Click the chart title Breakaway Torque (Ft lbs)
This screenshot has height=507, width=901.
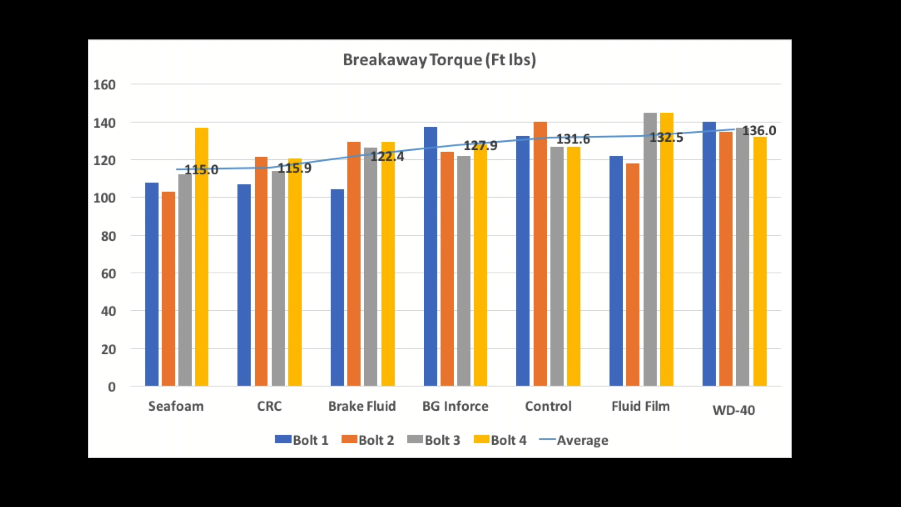439,60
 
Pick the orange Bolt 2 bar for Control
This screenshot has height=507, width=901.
540,253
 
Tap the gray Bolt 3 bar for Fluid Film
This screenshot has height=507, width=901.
650,249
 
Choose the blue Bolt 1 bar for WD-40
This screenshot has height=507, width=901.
709,253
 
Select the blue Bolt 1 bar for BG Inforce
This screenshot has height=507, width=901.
430,256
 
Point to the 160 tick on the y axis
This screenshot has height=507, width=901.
105,85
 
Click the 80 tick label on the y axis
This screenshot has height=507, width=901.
108,236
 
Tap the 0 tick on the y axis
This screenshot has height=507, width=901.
112,387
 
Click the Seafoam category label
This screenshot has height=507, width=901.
176,406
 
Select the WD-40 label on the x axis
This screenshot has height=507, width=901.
733,410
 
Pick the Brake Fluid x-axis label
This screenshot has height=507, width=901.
362,406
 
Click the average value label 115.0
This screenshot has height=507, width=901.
201,170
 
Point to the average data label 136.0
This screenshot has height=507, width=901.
759,131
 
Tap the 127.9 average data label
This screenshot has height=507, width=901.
480,146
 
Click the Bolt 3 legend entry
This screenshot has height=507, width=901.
434,440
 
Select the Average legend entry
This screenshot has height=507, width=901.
574,440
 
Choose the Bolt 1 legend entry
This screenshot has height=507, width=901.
302,440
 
